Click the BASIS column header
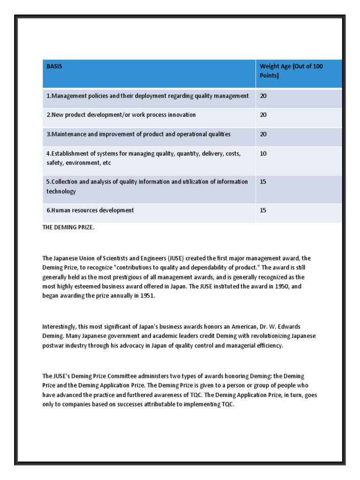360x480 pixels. [54, 67]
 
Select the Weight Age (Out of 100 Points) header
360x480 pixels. [291, 71]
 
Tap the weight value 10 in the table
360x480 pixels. [263, 154]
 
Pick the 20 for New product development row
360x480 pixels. [263, 115]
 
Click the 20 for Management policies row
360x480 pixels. [263, 96]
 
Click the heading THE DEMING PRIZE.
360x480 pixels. [68, 227]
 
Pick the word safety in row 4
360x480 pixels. [54, 163]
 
